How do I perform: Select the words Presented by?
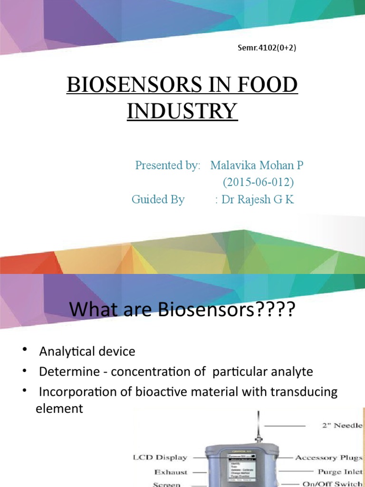tap(168, 166)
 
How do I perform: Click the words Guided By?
tap(158, 200)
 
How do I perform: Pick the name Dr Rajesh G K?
tap(258, 200)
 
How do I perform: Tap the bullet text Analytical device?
tap(87, 351)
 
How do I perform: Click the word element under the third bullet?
tap(59, 409)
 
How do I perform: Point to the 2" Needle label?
tap(341, 425)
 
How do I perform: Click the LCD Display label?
tap(159, 458)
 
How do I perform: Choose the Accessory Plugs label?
tap(328, 458)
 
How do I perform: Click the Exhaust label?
tap(171, 472)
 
